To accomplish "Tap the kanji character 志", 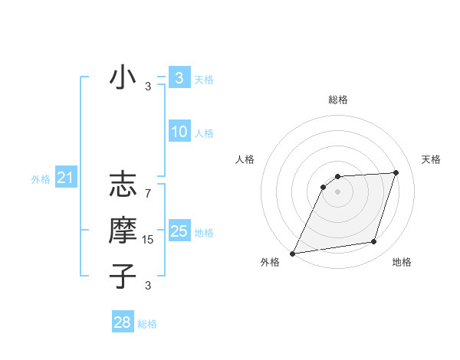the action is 123,187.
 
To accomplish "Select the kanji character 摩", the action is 123,231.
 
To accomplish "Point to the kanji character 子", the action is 123,276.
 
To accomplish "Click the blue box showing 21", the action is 66,178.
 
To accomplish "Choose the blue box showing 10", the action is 179,132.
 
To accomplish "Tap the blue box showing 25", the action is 179,231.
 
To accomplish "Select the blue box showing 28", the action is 123,322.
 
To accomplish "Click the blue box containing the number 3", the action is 179,77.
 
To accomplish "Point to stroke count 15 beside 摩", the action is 148,240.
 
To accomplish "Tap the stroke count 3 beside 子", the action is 148,286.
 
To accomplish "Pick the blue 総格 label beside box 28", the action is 147,324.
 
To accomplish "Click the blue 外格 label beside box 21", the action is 41,179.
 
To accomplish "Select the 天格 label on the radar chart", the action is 431,159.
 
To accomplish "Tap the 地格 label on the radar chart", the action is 402,262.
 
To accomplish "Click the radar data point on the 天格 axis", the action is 396,172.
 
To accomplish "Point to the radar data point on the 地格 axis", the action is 374,242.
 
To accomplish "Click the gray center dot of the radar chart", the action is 338,191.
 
